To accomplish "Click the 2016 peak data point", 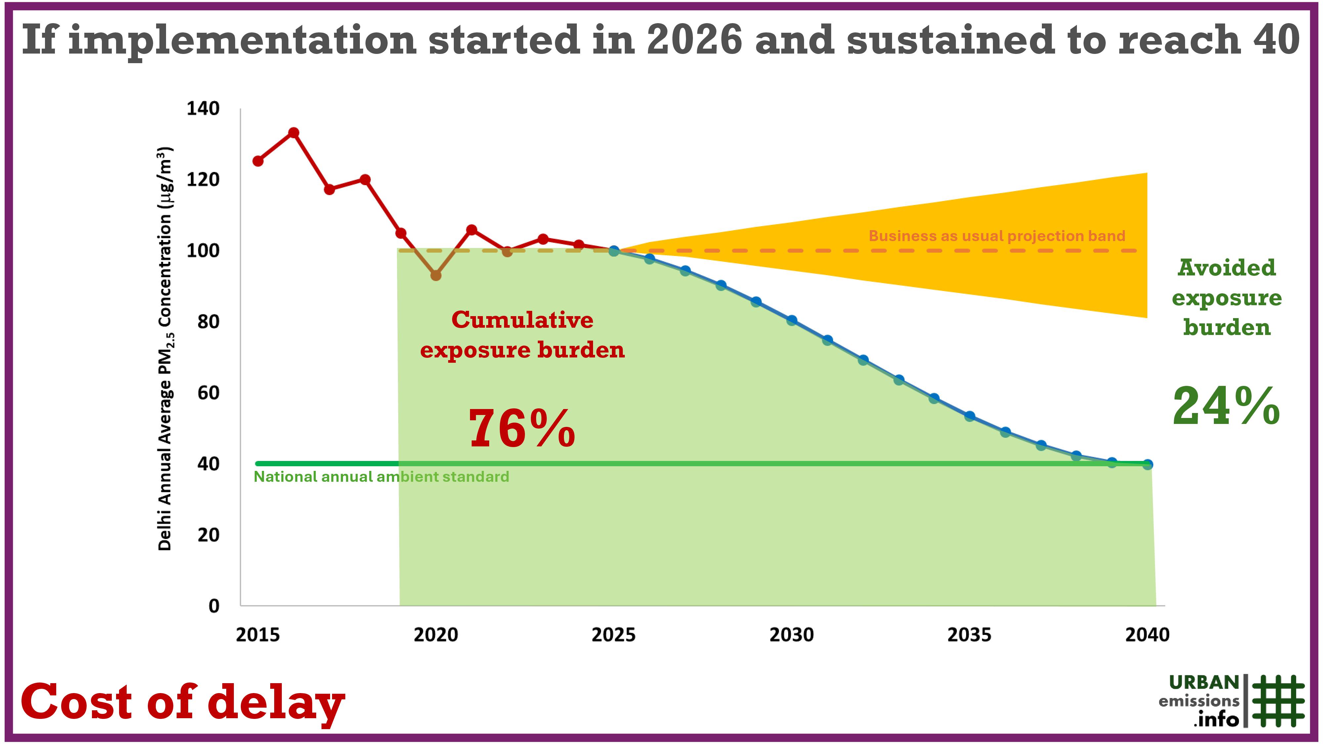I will tap(294, 133).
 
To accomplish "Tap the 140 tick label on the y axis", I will tap(203, 109).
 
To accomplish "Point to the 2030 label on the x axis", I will tap(791, 635).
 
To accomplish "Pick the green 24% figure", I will tap(1226, 407).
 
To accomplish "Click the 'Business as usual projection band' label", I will tap(996, 236).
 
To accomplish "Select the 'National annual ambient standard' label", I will tap(381, 477).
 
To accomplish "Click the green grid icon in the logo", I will tap(1278, 701).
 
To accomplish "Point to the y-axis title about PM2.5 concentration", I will tap(165, 349).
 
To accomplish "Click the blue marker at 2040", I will tap(1147, 464).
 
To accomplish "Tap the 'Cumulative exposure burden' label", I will tap(522, 335).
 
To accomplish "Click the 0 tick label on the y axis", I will tap(214, 606).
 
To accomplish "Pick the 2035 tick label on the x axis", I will tap(969, 635).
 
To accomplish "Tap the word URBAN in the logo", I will tap(1204, 683).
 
